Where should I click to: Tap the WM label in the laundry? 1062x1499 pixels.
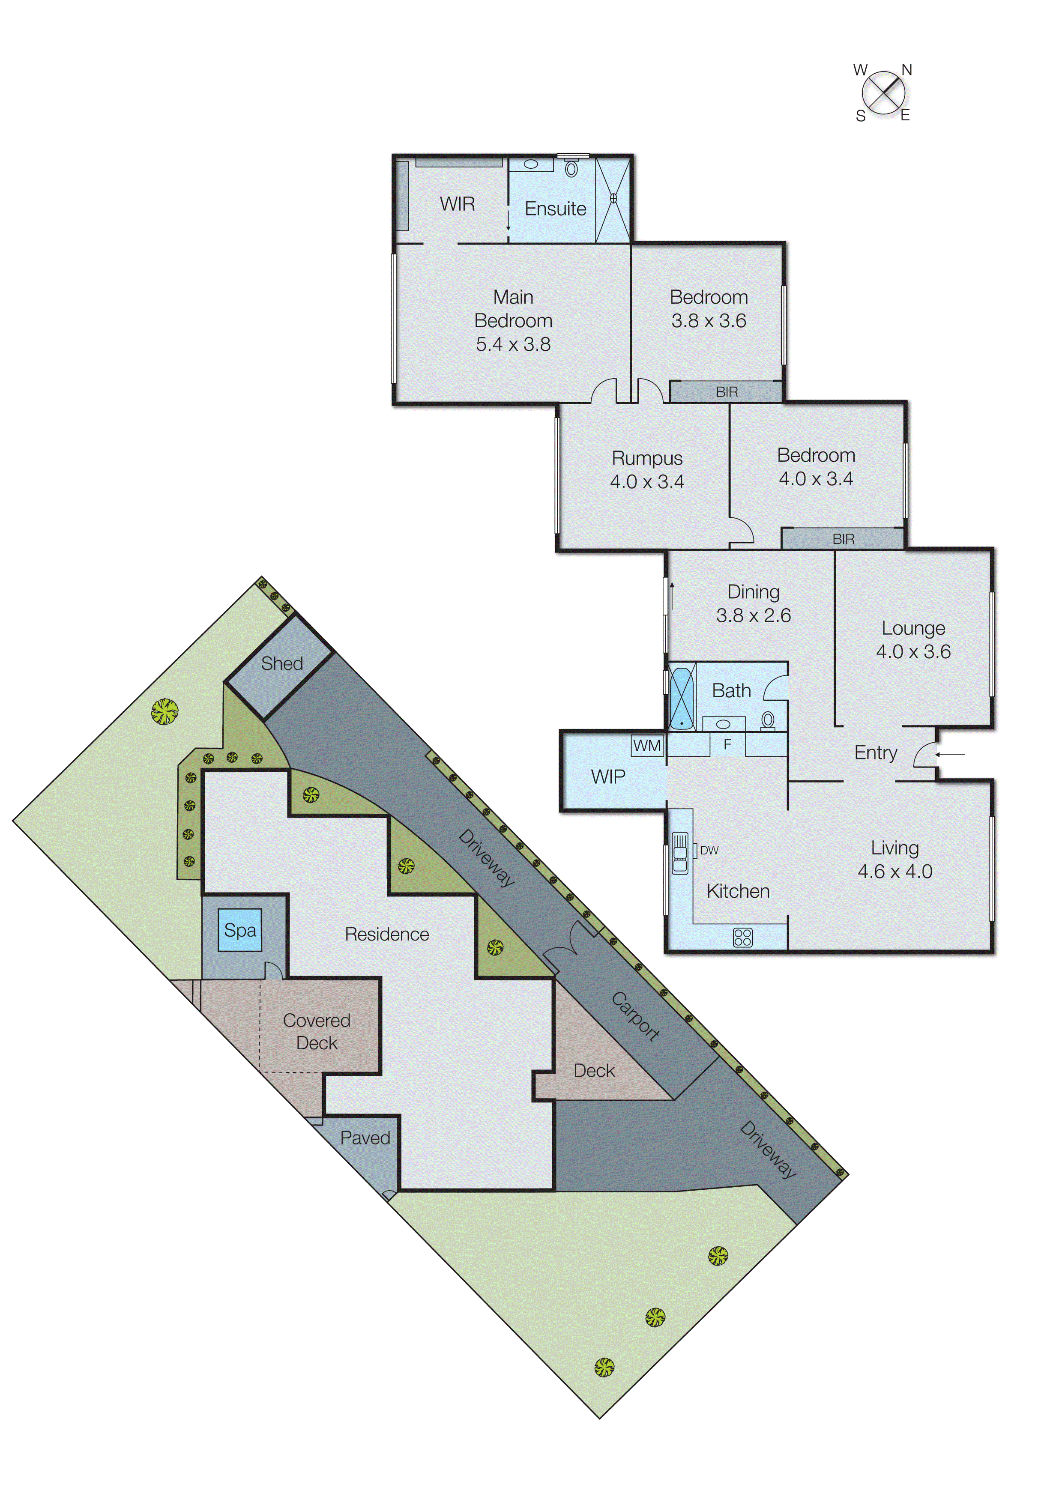click(647, 745)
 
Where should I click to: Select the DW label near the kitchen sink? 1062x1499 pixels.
click(709, 850)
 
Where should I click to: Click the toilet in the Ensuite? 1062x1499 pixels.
click(571, 169)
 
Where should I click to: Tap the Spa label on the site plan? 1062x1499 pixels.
click(240, 930)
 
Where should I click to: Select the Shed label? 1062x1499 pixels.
click(282, 663)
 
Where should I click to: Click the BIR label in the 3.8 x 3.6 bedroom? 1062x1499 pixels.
click(727, 391)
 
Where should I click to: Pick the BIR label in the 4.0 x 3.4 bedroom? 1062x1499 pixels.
click(843, 539)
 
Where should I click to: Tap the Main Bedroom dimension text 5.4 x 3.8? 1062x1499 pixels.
click(513, 344)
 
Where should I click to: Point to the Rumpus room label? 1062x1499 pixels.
click(647, 457)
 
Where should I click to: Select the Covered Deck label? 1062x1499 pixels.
click(317, 1031)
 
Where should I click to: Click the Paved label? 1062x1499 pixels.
click(365, 1138)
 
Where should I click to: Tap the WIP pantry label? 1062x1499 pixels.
click(607, 776)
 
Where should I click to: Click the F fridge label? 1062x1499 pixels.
click(727, 744)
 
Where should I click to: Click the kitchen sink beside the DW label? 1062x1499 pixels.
click(680, 852)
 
